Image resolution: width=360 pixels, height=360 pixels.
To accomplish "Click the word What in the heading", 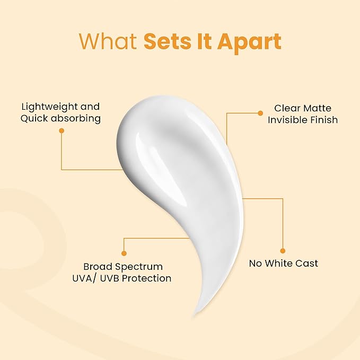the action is point(108,41).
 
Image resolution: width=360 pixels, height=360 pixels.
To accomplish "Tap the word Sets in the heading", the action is point(168,41).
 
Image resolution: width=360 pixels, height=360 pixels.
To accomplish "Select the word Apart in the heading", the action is point(249,43).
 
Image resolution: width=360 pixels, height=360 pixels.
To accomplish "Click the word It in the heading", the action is point(204,41).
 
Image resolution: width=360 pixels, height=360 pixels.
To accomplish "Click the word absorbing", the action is point(76,118).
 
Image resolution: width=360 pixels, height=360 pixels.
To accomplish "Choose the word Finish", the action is point(324,120).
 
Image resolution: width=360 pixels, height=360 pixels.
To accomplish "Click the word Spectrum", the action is point(139,267).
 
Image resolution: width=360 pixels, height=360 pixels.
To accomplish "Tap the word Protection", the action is point(146,278).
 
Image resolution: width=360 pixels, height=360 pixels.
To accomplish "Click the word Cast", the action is point(307,264).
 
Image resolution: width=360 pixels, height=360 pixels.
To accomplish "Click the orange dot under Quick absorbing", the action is point(62,130).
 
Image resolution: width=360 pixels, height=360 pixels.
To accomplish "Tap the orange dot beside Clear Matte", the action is point(260,113).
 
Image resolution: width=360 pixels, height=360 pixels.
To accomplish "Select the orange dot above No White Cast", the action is point(283,251).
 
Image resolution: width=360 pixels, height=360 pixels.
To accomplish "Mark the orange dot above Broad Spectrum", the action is point(124,253).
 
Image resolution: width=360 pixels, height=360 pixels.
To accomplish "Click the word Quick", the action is point(34,118).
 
